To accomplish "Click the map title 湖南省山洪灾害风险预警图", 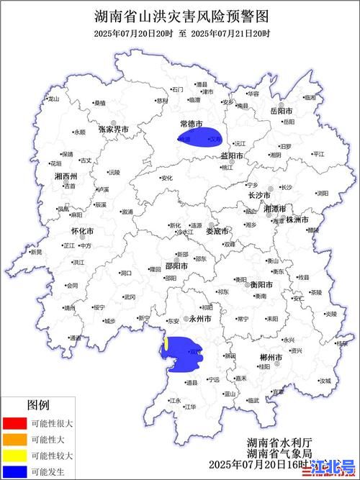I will tap(181, 15).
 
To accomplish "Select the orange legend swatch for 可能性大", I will tap(13, 440).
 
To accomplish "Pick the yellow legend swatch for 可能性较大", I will tap(13, 456).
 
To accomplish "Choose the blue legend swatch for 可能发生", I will tap(13, 472).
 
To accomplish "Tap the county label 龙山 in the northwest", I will tap(53, 99).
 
